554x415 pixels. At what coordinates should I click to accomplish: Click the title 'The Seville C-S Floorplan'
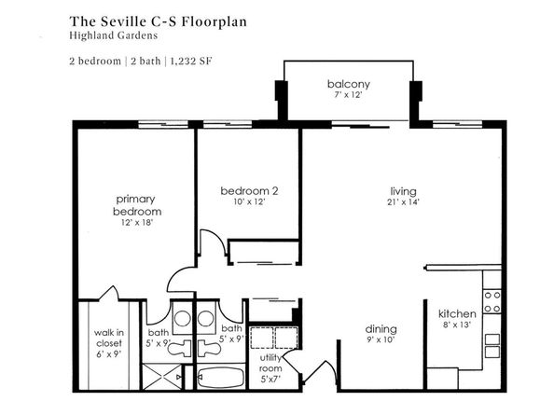158,21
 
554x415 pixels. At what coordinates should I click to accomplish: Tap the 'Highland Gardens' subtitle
114,35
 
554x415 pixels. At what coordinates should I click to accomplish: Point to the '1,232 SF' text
191,62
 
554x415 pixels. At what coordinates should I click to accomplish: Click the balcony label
349,84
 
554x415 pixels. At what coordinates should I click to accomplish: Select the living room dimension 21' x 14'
403,202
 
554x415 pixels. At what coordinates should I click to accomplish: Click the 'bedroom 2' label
249,191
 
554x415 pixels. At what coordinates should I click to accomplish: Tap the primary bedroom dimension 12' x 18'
137,223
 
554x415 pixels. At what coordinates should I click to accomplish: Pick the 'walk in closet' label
109,338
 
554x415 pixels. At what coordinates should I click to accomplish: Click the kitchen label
457,313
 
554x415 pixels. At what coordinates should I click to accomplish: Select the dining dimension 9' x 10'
381,339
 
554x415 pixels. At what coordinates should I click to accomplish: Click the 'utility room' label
270,363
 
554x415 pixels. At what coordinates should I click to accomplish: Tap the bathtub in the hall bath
220,378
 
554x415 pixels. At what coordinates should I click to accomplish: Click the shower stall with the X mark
162,377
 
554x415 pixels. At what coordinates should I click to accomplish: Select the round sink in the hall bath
205,319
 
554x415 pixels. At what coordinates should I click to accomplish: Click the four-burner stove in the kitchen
492,302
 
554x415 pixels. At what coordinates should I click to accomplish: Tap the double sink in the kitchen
492,346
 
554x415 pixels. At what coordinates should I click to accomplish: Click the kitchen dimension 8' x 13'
457,325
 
